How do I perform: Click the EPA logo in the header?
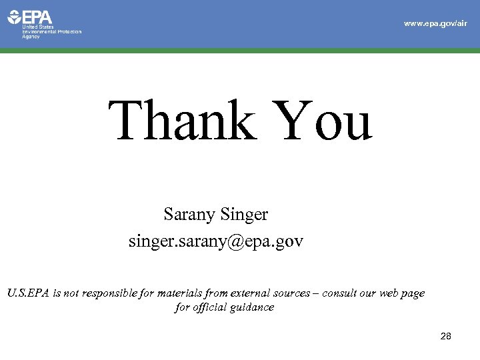point(30,17)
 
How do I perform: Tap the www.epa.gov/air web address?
point(435,23)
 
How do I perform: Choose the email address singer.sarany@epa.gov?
point(216,241)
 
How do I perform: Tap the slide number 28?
point(446,337)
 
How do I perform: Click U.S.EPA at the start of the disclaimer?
point(29,293)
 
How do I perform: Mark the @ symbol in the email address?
point(235,241)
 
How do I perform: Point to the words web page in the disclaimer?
point(401,294)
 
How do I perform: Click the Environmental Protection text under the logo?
point(53,32)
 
